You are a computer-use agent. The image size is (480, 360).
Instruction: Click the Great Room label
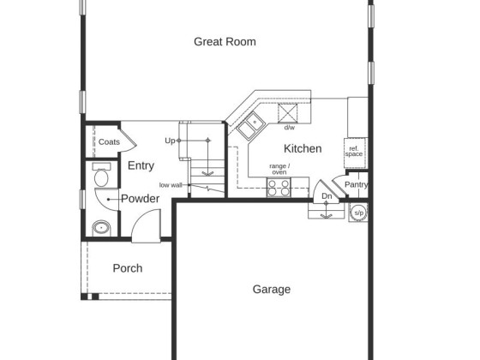tap(225, 42)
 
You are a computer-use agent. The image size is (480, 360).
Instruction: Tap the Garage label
tap(272, 290)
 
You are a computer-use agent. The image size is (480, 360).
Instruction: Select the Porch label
tap(128, 268)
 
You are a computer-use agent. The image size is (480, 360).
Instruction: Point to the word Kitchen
tap(303, 148)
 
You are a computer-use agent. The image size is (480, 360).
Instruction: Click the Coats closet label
tap(109, 141)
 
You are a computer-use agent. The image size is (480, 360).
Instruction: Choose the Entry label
tap(141, 165)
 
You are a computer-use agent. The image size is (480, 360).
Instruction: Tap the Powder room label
tap(141, 199)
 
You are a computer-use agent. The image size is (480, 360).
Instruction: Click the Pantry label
tap(356, 184)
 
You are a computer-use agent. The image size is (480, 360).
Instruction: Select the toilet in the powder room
tap(101, 175)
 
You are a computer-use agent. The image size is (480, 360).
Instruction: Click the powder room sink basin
tap(101, 228)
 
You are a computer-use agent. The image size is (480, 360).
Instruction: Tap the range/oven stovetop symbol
tap(279, 187)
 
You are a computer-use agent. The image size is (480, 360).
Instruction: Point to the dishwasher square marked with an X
tap(287, 113)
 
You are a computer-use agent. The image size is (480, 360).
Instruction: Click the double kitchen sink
tap(251, 125)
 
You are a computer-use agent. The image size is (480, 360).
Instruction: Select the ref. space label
tap(354, 152)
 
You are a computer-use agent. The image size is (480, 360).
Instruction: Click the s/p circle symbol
tap(358, 213)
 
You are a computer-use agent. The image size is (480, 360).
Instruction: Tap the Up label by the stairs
tap(170, 141)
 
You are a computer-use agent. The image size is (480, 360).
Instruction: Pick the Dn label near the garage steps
tap(327, 196)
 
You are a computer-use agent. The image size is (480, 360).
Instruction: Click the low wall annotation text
tap(171, 185)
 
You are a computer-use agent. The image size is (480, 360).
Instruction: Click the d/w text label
tap(290, 128)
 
